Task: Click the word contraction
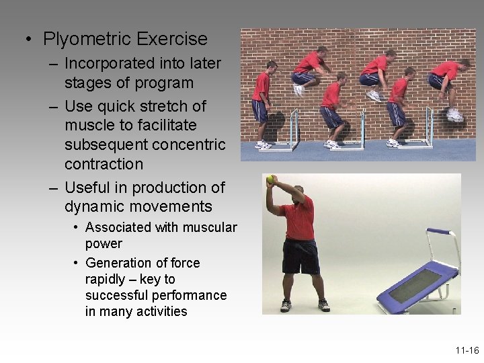pyautogui.click(x=104, y=165)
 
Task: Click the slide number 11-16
pyautogui.click(x=466, y=350)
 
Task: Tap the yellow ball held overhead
pyautogui.click(x=270, y=179)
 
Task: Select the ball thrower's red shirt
pyautogui.click(x=299, y=219)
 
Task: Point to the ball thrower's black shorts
pyautogui.click(x=300, y=256)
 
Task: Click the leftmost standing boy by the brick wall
pyautogui.click(x=261, y=104)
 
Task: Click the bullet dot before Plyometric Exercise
pyautogui.click(x=28, y=40)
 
